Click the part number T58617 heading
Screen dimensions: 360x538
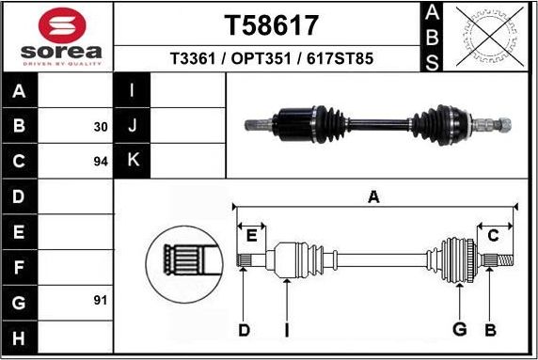point(271,23)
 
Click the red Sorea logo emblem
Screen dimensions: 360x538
point(57,25)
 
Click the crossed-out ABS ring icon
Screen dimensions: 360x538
point(488,36)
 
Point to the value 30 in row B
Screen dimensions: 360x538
point(101,126)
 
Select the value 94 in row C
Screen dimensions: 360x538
point(101,162)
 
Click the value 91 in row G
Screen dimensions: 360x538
point(101,301)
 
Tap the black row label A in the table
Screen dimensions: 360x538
point(19,92)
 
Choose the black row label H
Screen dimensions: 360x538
point(19,337)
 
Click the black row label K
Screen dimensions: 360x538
point(132,160)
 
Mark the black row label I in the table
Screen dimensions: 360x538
point(132,92)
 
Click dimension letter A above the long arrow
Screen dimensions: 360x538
point(373,196)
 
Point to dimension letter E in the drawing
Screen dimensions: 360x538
point(251,235)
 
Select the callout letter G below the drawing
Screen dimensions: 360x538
point(460,329)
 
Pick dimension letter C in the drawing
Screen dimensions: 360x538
point(493,235)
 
